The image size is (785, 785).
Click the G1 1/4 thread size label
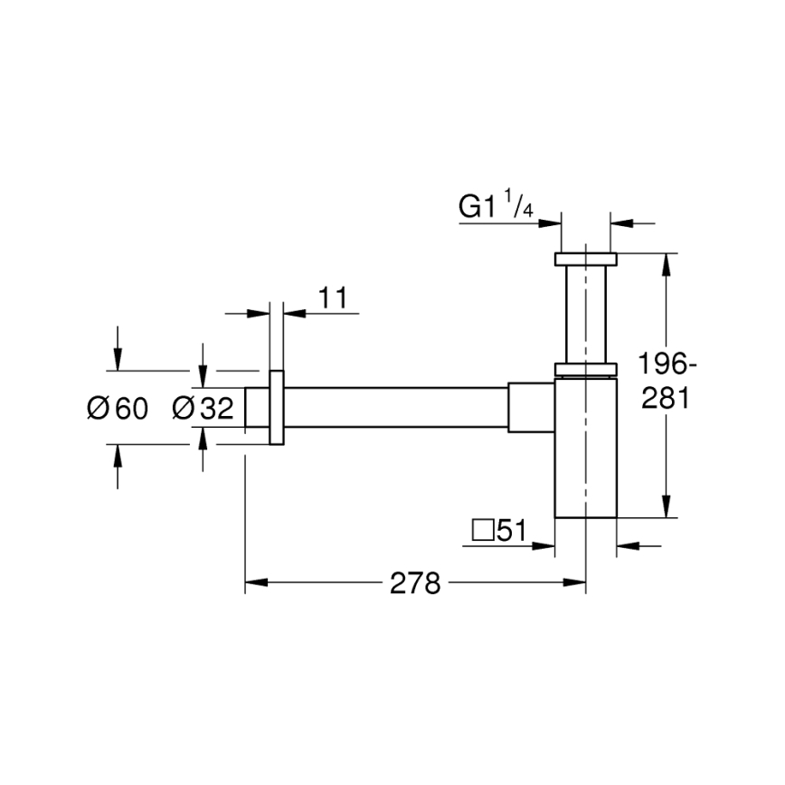(x=497, y=208)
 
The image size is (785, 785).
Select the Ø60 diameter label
(x=117, y=409)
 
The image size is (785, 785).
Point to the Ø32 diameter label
(x=203, y=409)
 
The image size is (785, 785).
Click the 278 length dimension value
(x=414, y=584)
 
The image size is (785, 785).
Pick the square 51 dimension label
(x=499, y=530)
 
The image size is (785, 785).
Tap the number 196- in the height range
(x=667, y=365)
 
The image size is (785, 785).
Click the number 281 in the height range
(x=667, y=398)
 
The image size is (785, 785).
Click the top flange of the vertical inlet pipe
(x=586, y=260)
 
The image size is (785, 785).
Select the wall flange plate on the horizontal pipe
(x=277, y=408)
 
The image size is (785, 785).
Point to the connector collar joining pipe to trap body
(x=531, y=408)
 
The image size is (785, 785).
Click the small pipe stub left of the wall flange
(x=257, y=408)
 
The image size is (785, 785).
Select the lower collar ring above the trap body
(x=586, y=368)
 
